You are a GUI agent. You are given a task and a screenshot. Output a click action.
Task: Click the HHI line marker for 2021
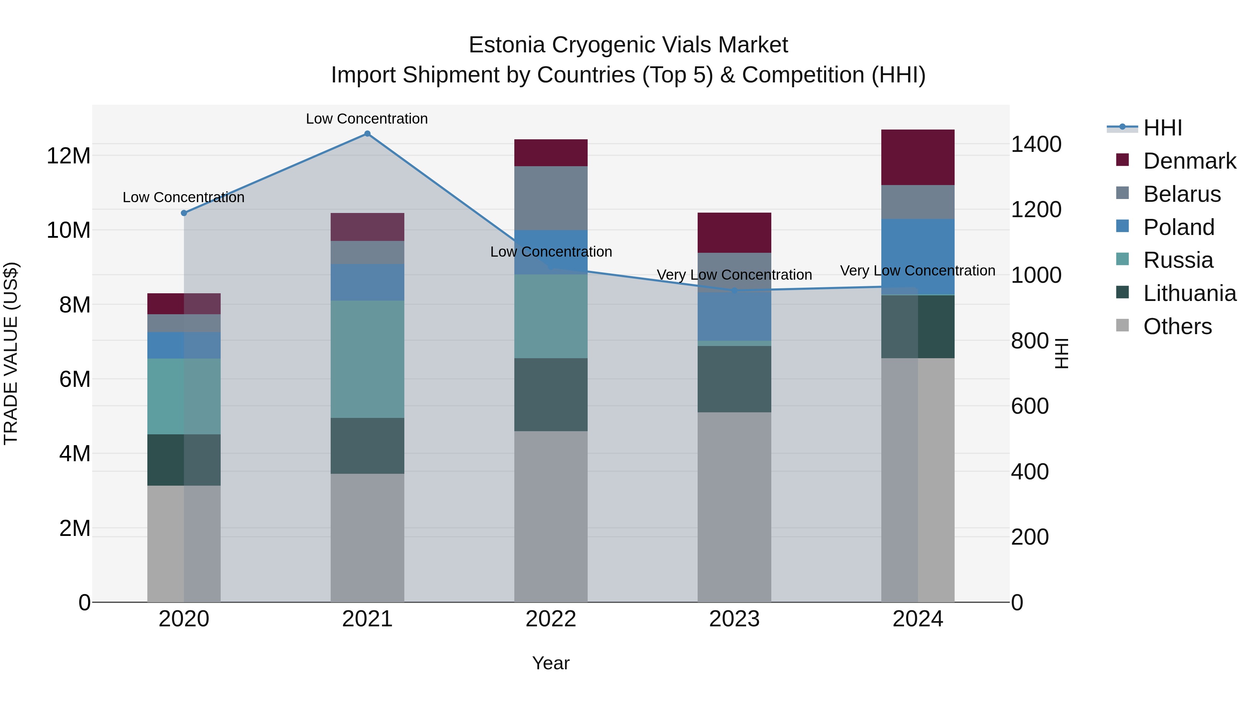click(367, 134)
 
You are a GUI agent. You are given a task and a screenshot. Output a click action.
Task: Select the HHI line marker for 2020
click(184, 213)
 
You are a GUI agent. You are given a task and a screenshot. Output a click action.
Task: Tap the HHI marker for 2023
click(734, 291)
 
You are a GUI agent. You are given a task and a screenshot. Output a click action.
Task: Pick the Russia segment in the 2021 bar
click(367, 359)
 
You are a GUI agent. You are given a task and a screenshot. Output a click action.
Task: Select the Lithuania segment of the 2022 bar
click(551, 395)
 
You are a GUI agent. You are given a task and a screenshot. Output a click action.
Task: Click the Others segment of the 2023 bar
click(734, 507)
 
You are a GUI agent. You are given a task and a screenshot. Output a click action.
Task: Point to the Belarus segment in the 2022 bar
click(551, 198)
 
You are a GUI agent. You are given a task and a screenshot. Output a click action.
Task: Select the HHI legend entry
click(1162, 128)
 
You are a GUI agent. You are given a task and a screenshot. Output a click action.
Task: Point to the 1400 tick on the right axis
click(1036, 145)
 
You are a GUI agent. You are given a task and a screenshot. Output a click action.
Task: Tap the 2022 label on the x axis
click(551, 619)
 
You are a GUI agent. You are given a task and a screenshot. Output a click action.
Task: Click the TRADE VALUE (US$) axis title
click(11, 353)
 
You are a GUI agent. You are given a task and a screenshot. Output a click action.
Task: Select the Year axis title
click(551, 663)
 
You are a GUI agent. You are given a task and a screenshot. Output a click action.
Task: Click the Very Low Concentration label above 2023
click(734, 275)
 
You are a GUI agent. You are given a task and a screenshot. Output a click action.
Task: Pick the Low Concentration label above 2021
click(367, 119)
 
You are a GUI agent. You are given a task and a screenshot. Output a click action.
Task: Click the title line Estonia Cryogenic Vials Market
click(628, 45)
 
